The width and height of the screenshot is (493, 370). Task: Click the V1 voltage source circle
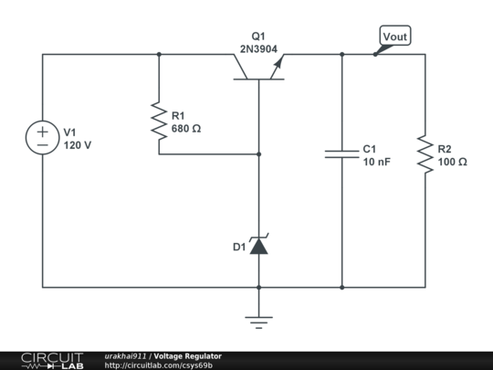pyautogui.click(x=43, y=138)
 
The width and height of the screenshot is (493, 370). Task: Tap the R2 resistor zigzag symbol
pyautogui.click(x=425, y=154)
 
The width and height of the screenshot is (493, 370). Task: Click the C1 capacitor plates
pyautogui.click(x=342, y=154)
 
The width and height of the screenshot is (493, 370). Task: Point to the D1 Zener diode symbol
pyautogui.click(x=258, y=246)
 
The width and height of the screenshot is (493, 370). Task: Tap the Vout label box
pyautogui.click(x=394, y=37)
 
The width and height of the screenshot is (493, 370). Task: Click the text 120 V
pyautogui.click(x=78, y=145)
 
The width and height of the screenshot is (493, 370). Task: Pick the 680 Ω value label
pyautogui.click(x=186, y=129)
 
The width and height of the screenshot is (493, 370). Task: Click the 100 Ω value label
pyautogui.click(x=452, y=162)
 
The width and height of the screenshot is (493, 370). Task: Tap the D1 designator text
pyautogui.click(x=238, y=247)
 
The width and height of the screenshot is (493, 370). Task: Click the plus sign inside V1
pyautogui.click(x=43, y=132)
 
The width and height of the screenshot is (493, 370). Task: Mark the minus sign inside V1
pyautogui.click(x=43, y=145)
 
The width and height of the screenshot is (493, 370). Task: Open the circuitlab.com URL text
pyautogui.click(x=159, y=365)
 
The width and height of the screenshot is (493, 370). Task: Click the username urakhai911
pyautogui.click(x=126, y=355)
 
